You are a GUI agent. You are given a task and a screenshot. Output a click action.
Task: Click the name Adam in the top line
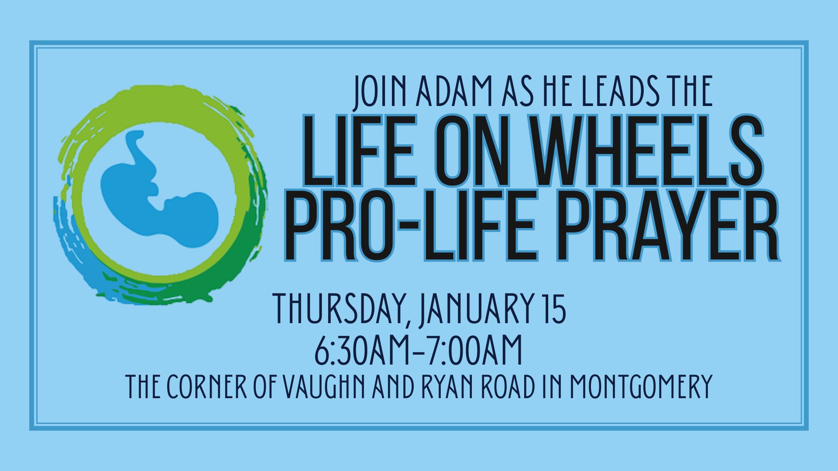[x=454, y=92]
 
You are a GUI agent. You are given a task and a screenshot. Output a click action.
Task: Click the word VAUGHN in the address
[x=325, y=386]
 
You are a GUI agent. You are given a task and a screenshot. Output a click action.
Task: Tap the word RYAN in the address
[x=447, y=386]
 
